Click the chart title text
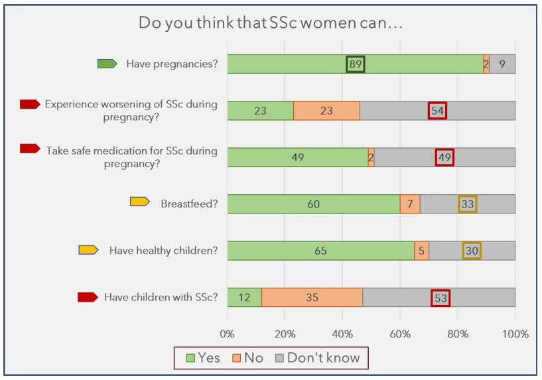coord(271,23)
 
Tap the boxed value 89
coord(356,64)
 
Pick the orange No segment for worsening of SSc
coord(326,111)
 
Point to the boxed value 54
coord(437,111)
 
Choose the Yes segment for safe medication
coord(297,157)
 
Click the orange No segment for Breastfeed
coord(410,204)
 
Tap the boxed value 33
coord(468,204)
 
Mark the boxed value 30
coord(472,251)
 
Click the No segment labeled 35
coord(312,297)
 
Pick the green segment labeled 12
coord(244,297)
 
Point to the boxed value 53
coord(440,297)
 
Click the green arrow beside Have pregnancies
coord(107,64)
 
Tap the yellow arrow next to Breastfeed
coord(139,202)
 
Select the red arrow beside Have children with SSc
coord(88,297)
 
